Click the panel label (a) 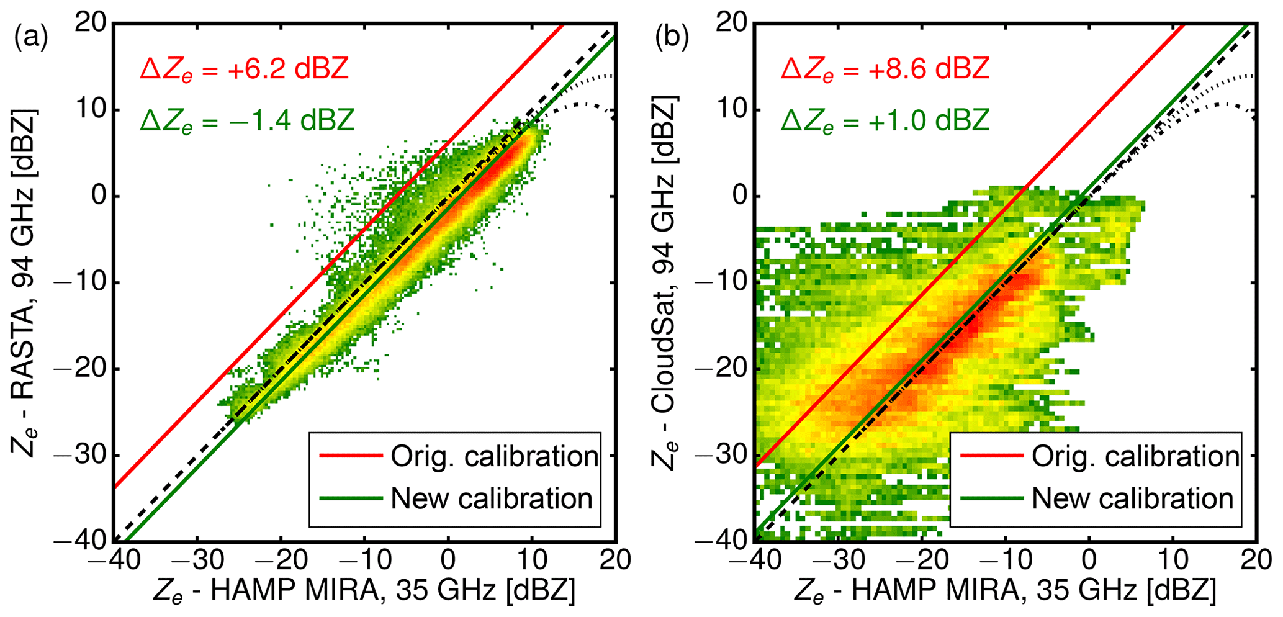click(31, 38)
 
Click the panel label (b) click(672, 38)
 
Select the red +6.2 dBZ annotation click(245, 68)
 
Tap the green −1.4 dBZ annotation click(247, 119)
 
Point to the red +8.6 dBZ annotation click(885, 68)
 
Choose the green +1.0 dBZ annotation click(885, 119)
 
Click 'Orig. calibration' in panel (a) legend click(494, 456)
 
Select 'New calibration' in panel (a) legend click(491, 498)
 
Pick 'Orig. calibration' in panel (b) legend click(1135, 456)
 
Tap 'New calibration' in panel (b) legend click(1132, 498)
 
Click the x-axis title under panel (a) click(364, 590)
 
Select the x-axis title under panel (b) click(1004, 590)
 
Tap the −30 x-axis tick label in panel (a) click(196, 560)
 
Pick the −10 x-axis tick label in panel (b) click(1004, 560)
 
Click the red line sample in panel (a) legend click(350, 456)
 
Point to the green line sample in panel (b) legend click(991, 498)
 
